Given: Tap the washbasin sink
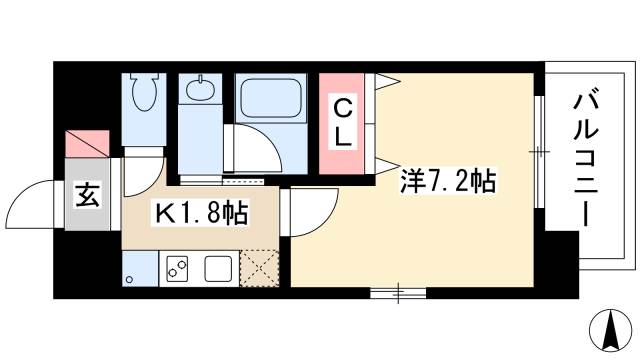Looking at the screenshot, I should coord(200,90).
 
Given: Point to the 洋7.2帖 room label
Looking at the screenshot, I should coord(448,182).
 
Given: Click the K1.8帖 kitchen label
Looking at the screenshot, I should coord(200,213).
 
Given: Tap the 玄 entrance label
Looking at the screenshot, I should coord(87,196).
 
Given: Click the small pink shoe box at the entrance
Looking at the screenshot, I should coord(83,143).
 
